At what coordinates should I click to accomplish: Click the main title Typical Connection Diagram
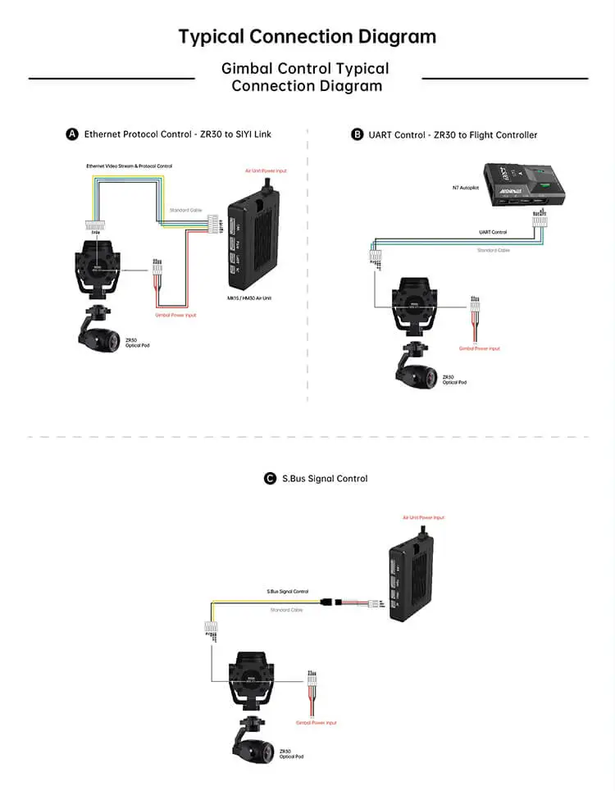pyautogui.click(x=307, y=37)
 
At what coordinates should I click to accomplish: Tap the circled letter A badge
pyautogui.click(x=72, y=134)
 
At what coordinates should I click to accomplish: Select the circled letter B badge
pyautogui.click(x=357, y=134)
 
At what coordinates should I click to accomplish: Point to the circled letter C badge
pyautogui.click(x=270, y=479)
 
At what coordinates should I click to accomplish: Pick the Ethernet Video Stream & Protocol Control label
pyautogui.click(x=130, y=166)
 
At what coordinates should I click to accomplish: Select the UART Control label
pyautogui.click(x=493, y=233)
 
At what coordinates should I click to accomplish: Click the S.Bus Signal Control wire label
pyautogui.click(x=287, y=591)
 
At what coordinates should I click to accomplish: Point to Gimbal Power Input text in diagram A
pyautogui.click(x=175, y=315)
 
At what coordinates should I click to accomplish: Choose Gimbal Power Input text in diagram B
pyautogui.click(x=479, y=348)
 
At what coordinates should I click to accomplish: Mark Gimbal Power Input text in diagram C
pyautogui.click(x=316, y=722)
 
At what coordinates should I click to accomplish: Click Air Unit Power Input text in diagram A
pyautogui.click(x=266, y=171)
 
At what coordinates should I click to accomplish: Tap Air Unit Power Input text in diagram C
pyautogui.click(x=423, y=518)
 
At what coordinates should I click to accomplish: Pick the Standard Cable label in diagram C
pyautogui.click(x=286, y=611)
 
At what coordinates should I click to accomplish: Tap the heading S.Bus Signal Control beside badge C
pyautogui.click(x=325, y=479)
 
